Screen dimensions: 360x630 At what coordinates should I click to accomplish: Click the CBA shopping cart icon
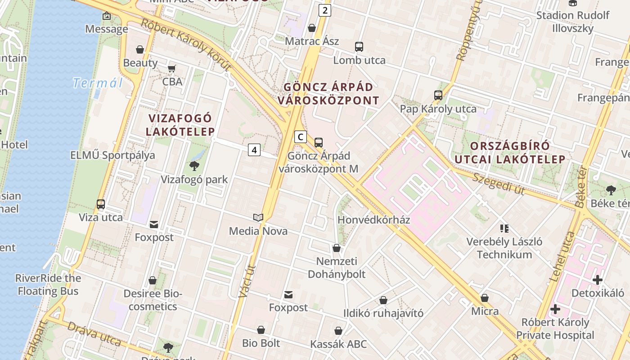[x=171, y=69]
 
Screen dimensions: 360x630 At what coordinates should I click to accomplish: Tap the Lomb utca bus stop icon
[x=359, y=46]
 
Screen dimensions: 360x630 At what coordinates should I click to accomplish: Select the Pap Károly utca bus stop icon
[x=438, y=95]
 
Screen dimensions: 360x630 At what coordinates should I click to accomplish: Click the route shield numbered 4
[x=254, y=150]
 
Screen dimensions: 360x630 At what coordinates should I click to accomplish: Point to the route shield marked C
[x=301, y=137]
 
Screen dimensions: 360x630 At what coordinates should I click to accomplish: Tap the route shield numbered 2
[x=324, y=10]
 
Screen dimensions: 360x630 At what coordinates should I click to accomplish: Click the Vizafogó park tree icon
[x=194, y=166]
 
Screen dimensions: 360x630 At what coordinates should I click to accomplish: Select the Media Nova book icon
[x=258, y=218]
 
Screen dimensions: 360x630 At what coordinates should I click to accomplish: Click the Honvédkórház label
[x=373, y=220]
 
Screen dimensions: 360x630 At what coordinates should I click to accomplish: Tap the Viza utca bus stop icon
[x=101, y=204]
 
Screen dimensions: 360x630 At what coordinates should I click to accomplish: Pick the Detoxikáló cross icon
[x=597, y=280]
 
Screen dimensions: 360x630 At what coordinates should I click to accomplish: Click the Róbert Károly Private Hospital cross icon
[x=555, y=309]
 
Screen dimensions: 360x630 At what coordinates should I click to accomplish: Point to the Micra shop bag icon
[x=485, y=298]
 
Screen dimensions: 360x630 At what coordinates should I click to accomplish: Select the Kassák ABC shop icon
[x=338, y=331]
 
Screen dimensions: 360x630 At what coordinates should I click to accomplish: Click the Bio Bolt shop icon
[x=261, y=330]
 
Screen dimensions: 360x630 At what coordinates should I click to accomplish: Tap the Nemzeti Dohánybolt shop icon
[x=336, y=248]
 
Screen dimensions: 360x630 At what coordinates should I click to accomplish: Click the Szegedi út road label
[x=499, y=184]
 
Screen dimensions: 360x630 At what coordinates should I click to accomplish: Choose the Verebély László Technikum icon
[x=504, y=229]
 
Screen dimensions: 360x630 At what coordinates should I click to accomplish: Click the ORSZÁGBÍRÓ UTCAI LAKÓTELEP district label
[x=510, y=153]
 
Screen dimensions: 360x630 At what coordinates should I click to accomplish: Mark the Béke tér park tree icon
[x=611, y=190]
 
